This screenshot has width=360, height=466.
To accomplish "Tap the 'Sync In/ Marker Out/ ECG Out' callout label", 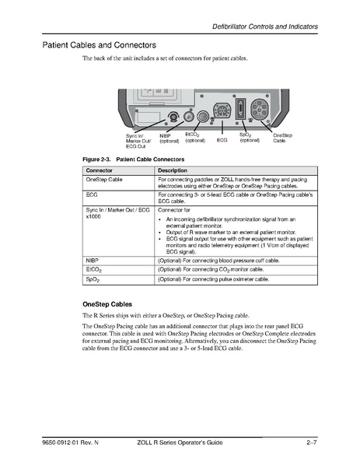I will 138,141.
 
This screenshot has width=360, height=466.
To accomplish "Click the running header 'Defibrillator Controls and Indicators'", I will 265,27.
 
